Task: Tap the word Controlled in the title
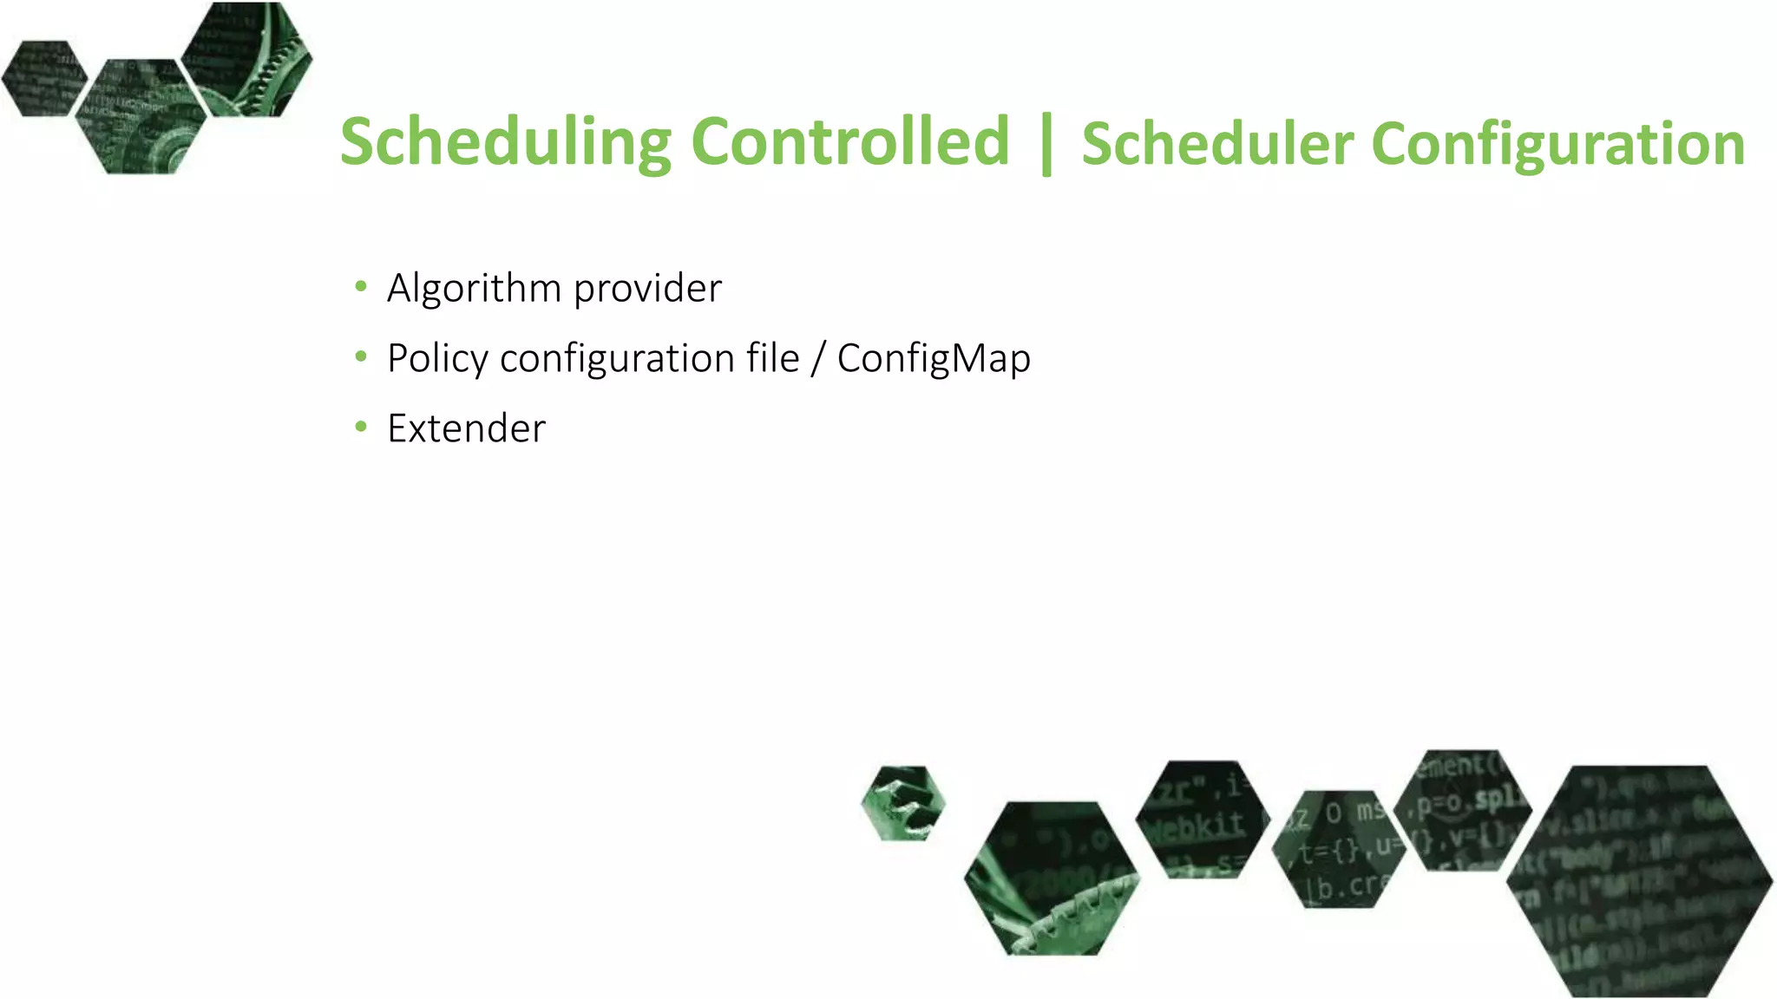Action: click(850, 141)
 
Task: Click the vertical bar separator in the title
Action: click(1046, 143)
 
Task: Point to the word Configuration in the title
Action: click(1557, 145)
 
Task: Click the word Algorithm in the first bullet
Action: click(473, 288)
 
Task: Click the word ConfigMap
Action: click(934, 359)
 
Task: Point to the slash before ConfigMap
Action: click(817, 359)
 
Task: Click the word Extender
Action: click(466, 428)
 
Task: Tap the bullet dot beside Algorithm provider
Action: click(361, 286)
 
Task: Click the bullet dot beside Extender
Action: click(361, 427)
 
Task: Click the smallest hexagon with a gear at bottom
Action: click(903, 803)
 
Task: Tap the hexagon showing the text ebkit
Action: click(1203, 819)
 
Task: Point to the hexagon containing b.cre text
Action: click(1336, 850)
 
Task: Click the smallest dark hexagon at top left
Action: click(43, 78)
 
